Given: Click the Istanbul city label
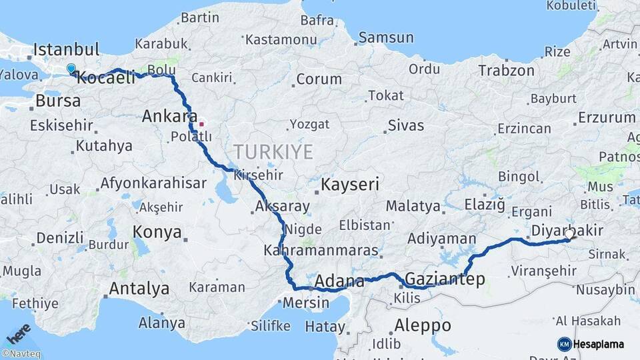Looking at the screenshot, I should click(66, 49).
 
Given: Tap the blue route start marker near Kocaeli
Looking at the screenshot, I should click(71, 68).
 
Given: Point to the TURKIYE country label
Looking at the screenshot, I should click(273, 152).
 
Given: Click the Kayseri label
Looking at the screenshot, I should click(351, 184).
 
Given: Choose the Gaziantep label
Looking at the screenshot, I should click(445, 279).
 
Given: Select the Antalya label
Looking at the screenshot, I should click(139, 289).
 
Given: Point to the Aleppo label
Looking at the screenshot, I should click(423, 325).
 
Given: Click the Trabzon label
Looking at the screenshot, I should click(506, 70).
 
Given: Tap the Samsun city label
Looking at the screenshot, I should click(387, 38).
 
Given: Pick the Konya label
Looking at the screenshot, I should click(157, 232).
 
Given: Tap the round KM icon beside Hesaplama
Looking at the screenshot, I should click(564, 344).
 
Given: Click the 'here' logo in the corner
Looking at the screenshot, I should click(19, 334).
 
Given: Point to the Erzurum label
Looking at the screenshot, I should click(607, 118).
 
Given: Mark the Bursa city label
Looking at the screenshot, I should click(58, 101).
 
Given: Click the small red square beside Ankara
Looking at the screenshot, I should click(201, 123).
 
